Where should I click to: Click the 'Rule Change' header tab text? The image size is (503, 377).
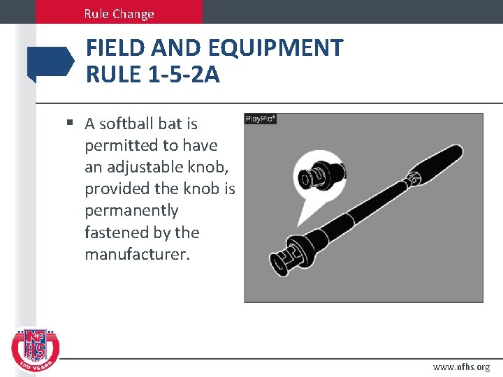pos(119,13)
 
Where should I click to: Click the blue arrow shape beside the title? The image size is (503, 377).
pos(50,62)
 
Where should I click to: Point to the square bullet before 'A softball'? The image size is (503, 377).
pos(70,124)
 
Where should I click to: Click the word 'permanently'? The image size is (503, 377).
pos(131,211)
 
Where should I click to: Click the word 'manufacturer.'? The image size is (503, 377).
pos(137,254)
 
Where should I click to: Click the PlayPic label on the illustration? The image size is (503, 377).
pos(261,119)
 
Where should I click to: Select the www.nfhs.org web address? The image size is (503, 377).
pos(461,367)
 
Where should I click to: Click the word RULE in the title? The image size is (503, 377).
pos(112,73)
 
